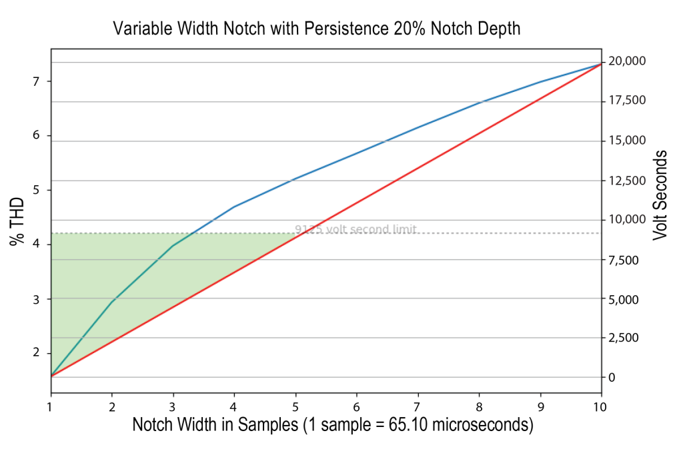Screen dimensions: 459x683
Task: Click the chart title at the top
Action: (x=316, y=29)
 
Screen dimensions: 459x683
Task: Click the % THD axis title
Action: (x=18, y=222)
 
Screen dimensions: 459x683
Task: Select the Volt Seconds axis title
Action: (x=660, y=195)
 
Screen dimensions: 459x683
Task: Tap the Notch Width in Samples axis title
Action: (x=332, y=425)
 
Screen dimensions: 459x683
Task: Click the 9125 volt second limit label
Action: (x=356, y=230)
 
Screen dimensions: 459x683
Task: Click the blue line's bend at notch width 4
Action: (x=234, y=207)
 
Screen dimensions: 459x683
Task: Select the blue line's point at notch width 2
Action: (x=112, y=302)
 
